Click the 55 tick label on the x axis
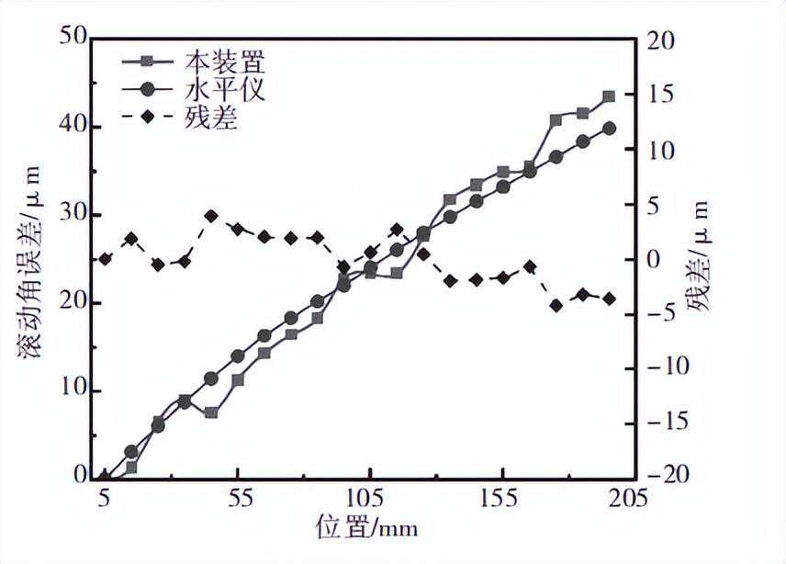(x=237, y=499)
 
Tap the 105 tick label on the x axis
(x=369, y=499)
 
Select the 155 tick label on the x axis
(x=502, y=499)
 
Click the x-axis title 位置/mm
(x=367, y=528)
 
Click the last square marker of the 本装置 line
(x=609, y=96)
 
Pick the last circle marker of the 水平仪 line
(x=609, y=129)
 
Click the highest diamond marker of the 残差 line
(x=211, y=216)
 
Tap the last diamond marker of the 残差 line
(x=609, y=299)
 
